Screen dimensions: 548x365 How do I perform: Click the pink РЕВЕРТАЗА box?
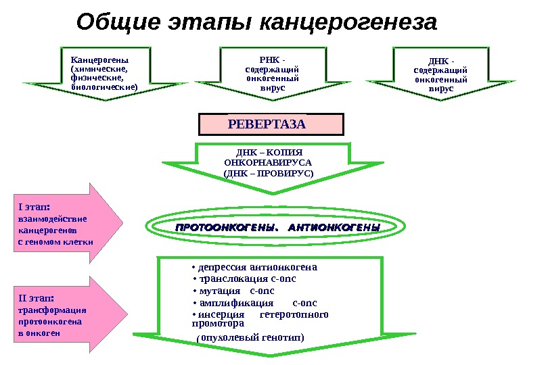271,124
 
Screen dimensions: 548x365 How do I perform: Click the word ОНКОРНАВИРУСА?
269,163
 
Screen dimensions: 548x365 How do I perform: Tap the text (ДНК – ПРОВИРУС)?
269,173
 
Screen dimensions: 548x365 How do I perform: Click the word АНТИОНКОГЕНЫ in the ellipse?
334,228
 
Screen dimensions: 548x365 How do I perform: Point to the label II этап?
37,298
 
